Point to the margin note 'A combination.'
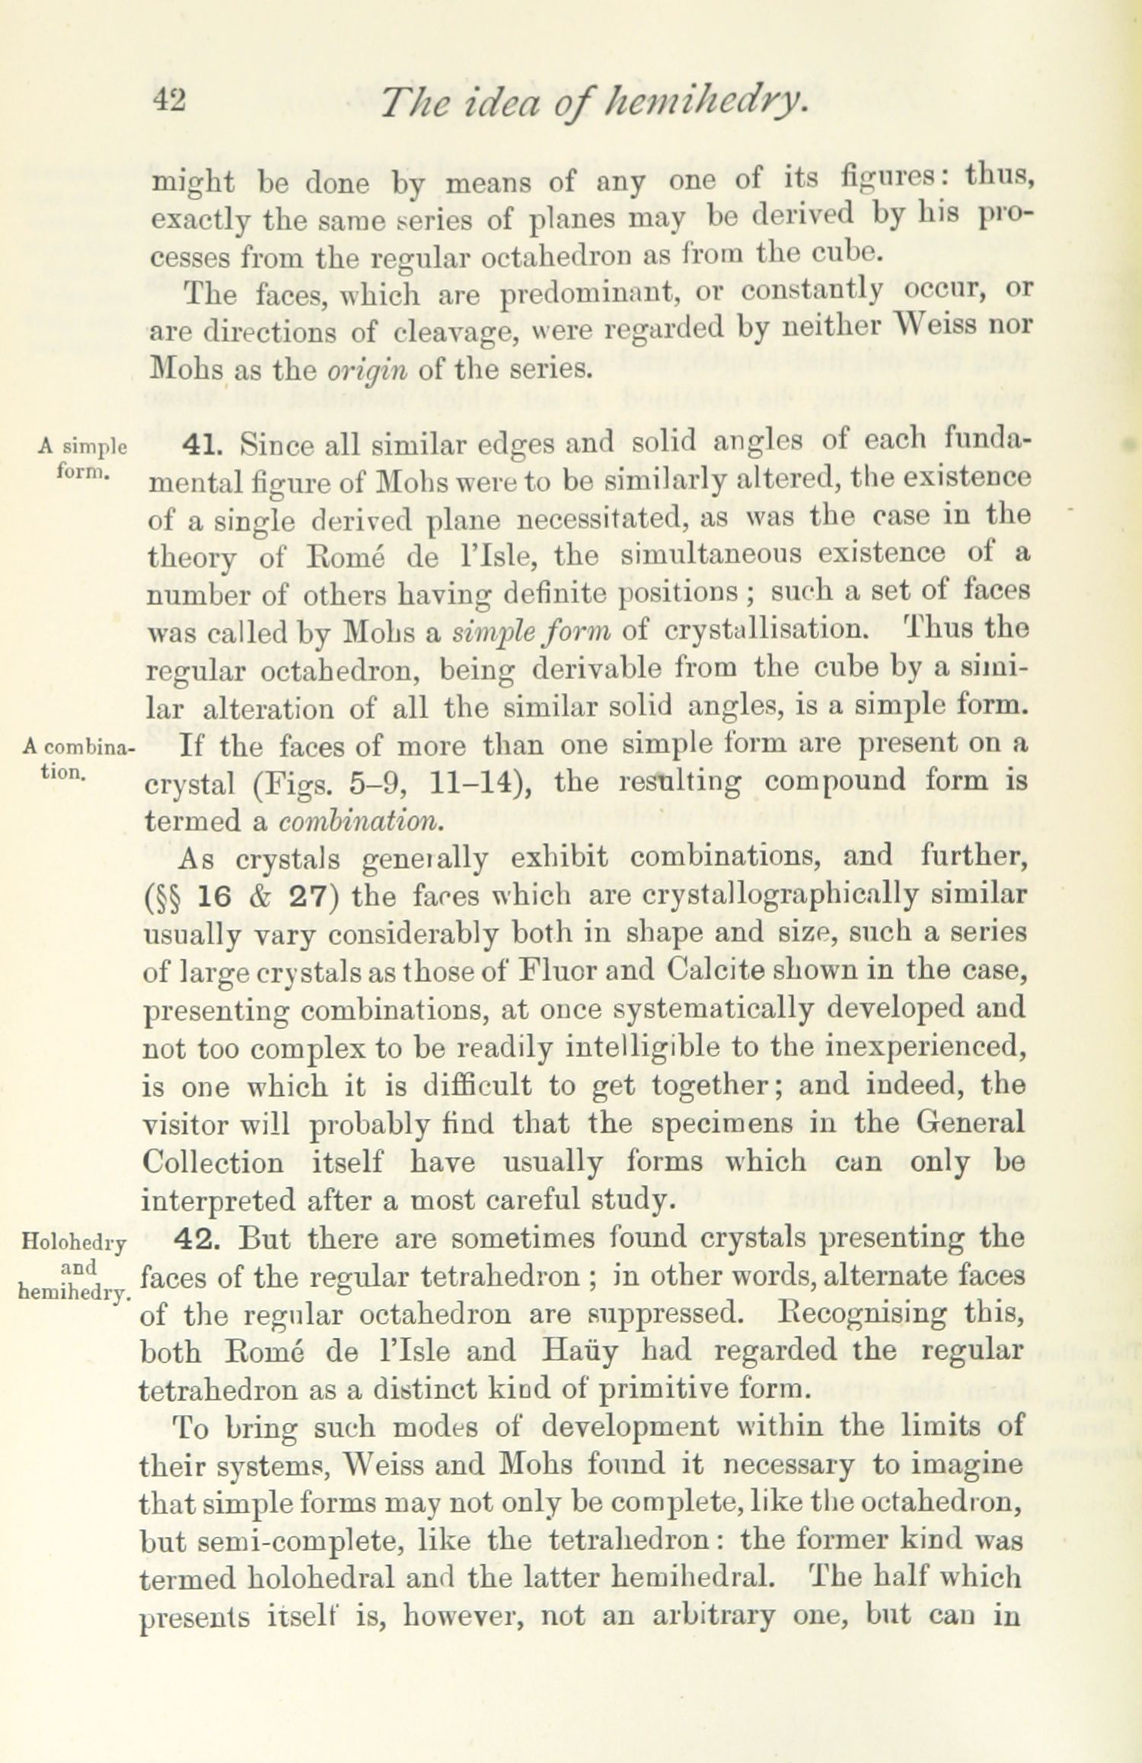(x=78, y=757)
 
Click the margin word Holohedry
(x=75, y=1242)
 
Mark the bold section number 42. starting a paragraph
(x=200, y=1238)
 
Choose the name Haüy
(x=586, y=1350)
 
